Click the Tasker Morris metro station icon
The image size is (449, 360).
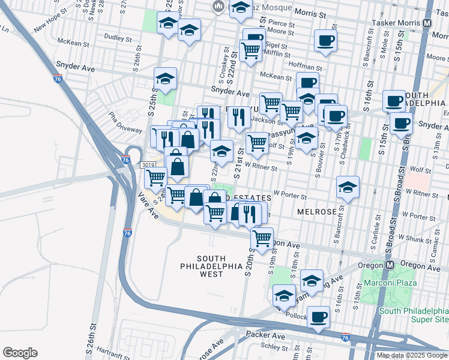pos(427,23)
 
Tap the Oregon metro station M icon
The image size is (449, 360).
pos(389,265)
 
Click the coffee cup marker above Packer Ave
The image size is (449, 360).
pos(319,317)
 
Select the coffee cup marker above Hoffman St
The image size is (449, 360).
pos(325,41)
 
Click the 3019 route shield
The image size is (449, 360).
pos(148,165)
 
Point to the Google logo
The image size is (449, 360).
pos(20,353)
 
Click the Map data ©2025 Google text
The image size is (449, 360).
pos(412,355)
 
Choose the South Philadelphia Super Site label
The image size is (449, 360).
pos(415,315)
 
